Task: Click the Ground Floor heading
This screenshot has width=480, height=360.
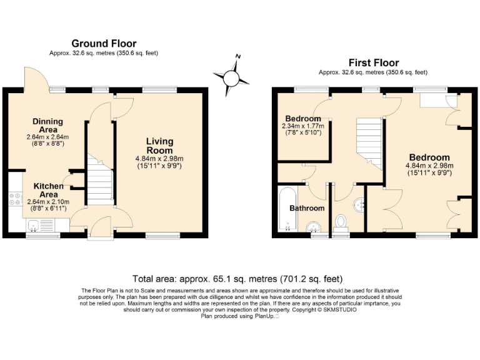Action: (103, 43)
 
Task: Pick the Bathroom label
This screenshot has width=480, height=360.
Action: (307, 208)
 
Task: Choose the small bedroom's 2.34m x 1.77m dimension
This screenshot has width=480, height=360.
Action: (303, 126)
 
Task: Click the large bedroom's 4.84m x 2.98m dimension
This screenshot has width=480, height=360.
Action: (429, 166)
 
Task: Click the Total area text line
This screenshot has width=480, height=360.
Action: (237, 279)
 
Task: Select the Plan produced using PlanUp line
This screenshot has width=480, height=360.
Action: (239, 316)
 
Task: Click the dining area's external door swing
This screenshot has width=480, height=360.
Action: (34, 80)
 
